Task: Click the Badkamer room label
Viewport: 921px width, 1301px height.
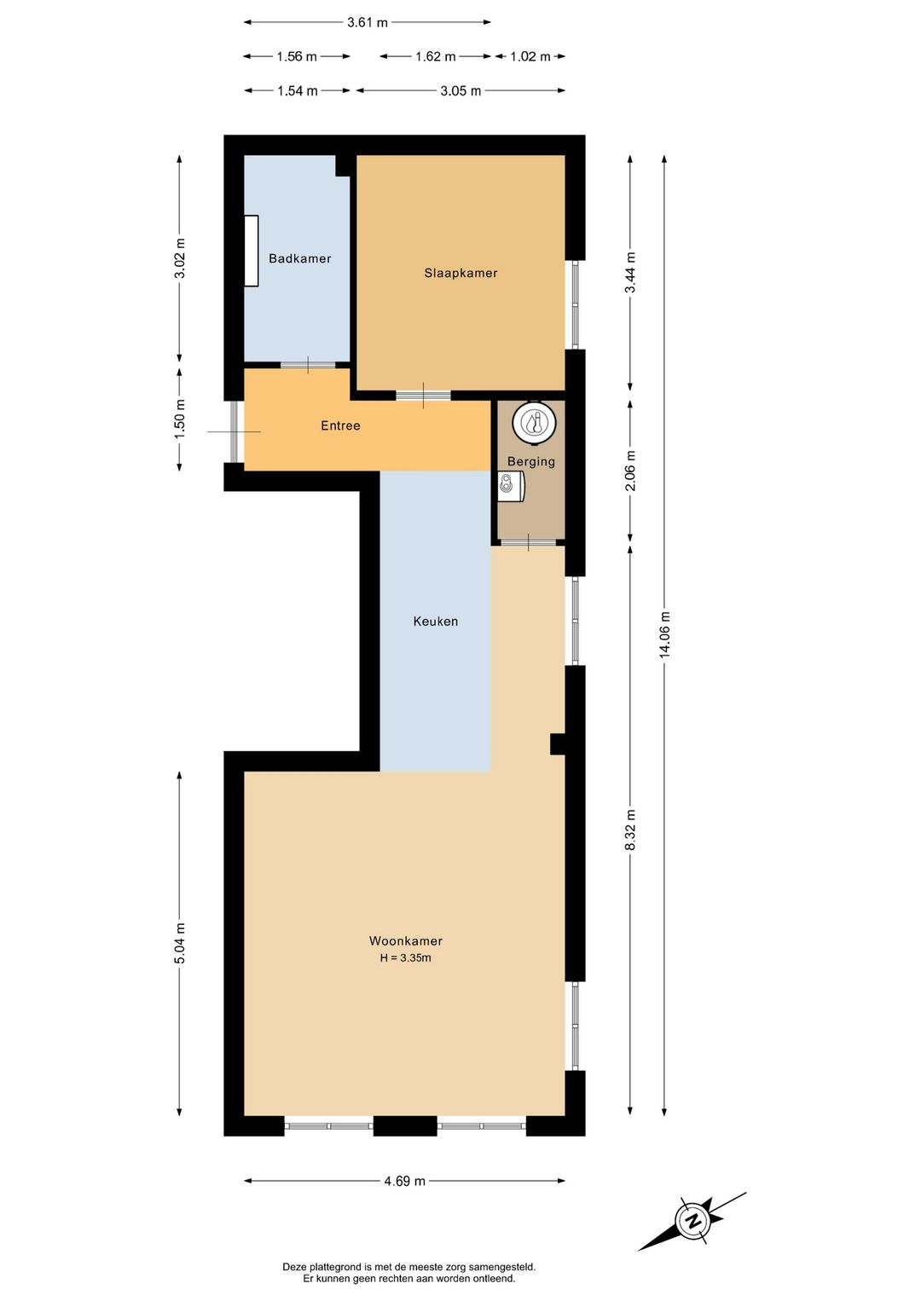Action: tap(299, 258)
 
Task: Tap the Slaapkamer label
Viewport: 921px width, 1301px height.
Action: tap(460, 273)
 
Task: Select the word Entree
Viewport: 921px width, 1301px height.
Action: tap(340, 425)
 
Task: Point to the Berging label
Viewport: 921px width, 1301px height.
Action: tap(530, 461)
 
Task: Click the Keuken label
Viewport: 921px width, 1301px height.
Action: tap(435, 622)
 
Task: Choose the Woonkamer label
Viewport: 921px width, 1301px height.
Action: tap(405, 940)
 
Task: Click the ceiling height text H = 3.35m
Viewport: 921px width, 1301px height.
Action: tap(405, 957)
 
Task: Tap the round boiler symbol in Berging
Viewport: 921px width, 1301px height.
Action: tap(534, 422)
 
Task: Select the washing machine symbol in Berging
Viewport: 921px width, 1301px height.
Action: tap(510, 486)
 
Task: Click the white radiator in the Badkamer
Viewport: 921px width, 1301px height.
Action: tap(252, 251)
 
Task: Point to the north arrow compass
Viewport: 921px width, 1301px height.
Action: tap(692, 1221)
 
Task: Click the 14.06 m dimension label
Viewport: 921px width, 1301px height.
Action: tap(664, 634)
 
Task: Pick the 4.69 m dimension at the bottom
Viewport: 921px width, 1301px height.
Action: tap(404, 1181)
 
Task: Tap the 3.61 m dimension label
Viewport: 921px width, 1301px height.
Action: tap(367, 22)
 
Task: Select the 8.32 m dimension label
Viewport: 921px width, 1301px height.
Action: tap(630, 830)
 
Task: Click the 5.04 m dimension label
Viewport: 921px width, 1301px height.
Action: tap(179, 944)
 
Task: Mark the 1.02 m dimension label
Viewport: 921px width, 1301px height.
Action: tap(530, 56)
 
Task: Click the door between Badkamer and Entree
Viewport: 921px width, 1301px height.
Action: tap(308, 366)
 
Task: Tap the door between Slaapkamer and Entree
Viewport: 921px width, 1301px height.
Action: tap(423, 396)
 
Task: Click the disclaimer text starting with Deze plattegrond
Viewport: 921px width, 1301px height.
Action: tap(409, 1272)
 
